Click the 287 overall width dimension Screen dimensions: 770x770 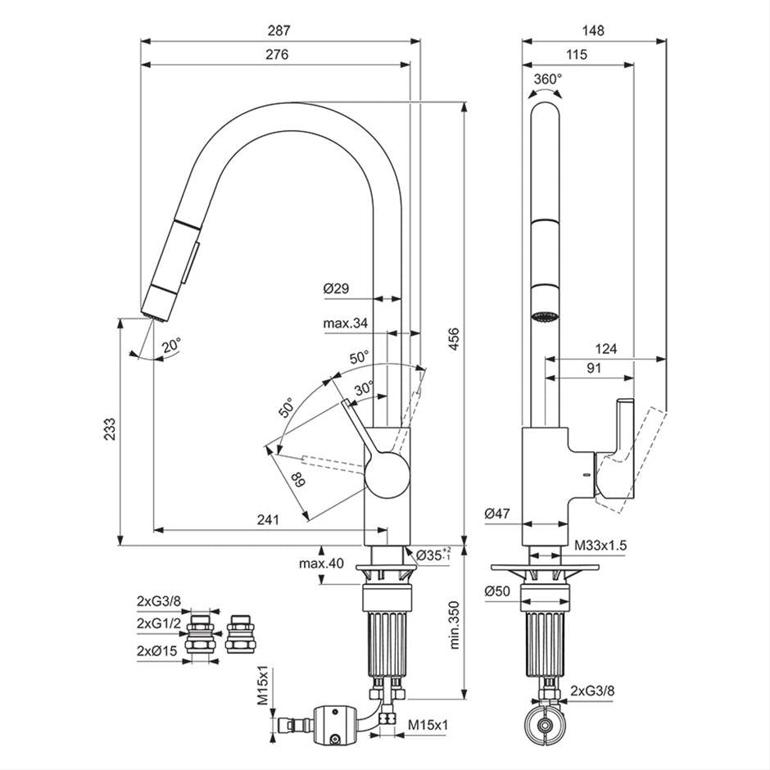coord(279,31)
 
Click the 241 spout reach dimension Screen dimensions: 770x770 coord(268,519)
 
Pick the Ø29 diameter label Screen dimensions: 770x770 coord(336,288)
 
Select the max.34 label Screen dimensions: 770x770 coord(345,324)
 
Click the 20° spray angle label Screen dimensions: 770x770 coord(171,346)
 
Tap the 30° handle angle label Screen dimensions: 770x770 coord(365,387)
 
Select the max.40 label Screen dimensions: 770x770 coord(322,564)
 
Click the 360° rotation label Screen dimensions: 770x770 coord(547,79)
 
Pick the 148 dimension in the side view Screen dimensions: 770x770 coord(592,31)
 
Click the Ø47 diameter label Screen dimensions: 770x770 coord(496,514)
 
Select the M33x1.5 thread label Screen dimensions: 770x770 coord(600,545)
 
